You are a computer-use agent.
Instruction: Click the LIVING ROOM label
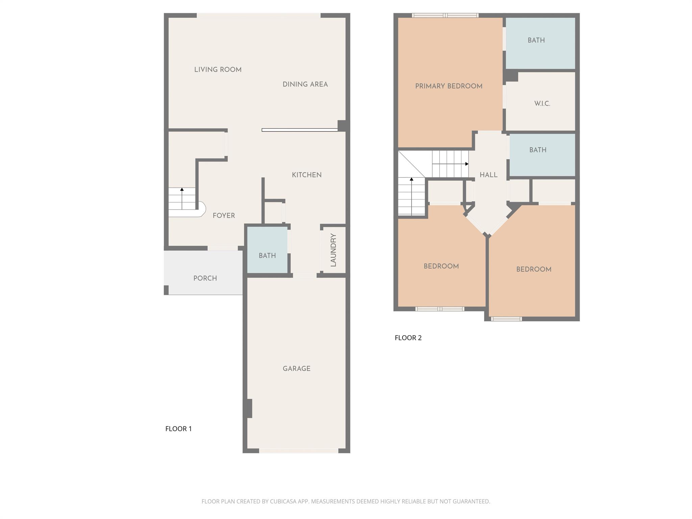click(x=218, y=70)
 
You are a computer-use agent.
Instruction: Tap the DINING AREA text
click(x=305, y=84)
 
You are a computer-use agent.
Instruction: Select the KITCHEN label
click(x=306, y=175)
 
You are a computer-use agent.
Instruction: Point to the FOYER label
click(x=224, y=216)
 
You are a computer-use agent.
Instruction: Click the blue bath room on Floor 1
click(x=267, y=255)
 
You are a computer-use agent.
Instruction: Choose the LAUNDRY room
click(x=333, y=250)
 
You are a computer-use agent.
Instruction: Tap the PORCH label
click(x=205, y=278)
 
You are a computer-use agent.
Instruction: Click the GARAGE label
click(x=296, y=369)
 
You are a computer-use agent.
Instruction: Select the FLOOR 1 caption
click(x=178, y=429)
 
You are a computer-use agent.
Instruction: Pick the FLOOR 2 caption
click(x=408, y=338)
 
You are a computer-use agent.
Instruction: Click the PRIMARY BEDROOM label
click(x=449, y=86)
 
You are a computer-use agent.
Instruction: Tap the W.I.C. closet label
click(x=542, y=104)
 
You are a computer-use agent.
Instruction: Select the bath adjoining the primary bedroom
click(x=536, y=40)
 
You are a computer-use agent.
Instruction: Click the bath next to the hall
click(x=538, y=150)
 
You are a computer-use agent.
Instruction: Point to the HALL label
click(x=488, y=175)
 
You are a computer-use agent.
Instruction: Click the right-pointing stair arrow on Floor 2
click(x=467, y=164)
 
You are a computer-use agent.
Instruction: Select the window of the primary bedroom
click(x=445, y=15)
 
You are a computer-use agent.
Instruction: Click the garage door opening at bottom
click(x=299, y=451)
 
